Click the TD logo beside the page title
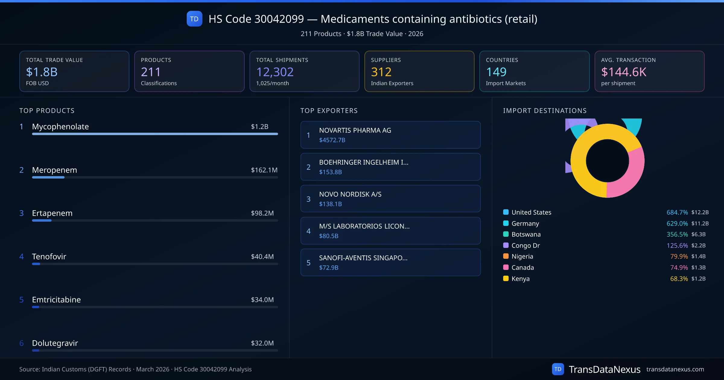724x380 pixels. pyautogui.click(x=194, y=19)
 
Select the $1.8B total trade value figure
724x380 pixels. pyautogui.click(x=42, y=72)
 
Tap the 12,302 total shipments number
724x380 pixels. pyautogui.click(x=275, y=72)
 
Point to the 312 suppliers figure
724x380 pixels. pyautogui.click(x=381, y=72)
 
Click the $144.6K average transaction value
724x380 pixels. pyautogui.click(x=624, y=72)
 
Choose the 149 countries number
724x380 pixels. pyautogui.click(x=496, y=72)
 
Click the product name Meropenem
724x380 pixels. pyautogui.click(x=54, y=170)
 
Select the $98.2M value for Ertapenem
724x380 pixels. pyautogui.click(x=262, y=213)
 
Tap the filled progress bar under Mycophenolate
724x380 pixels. pyautogui.click(x=155, y=134)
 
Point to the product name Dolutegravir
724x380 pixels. pyautogui.click(x=55, y=343)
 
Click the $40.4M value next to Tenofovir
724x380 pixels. pyautogui.click(x=262, y=257)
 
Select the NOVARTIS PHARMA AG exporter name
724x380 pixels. pyautogui.click(x=355, y=130)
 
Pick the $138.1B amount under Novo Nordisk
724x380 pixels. pyautogui.click(x=330, y=204)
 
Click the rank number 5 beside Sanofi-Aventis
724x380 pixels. pyautogui.click(x=308, y=263)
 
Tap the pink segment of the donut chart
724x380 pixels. pyautogui.click(x=629, y=175)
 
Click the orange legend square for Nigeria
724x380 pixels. pyautogui.click(x=506, y=256)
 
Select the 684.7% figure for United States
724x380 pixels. pyautogui.click(x=677, y=212)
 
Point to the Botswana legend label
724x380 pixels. pyautogui.click(x=526, y=234)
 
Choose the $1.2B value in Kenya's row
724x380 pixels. pyautogui.click(x=698, y=279)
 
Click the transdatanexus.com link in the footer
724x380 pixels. pyautogui.click(x=675, y=369)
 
